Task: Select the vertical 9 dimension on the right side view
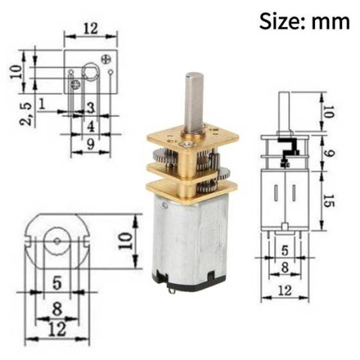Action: [x=328, y=154]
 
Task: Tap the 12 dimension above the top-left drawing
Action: [x=90, y=28]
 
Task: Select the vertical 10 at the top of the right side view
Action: [x=328, y=113]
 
